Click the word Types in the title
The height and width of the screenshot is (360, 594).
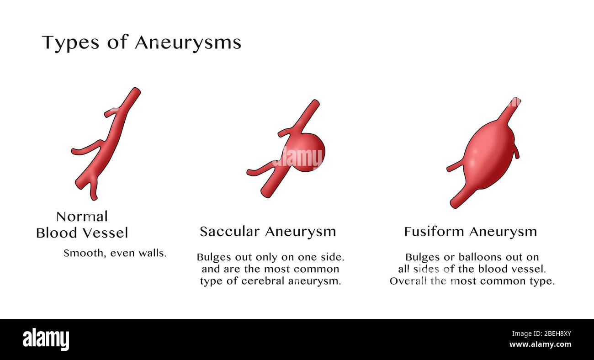[70, 42]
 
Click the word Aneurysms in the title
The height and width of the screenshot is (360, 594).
[188, 42]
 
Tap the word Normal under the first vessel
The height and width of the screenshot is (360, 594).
[82, 217]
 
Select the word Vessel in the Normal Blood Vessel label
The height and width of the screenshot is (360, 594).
[106, 233]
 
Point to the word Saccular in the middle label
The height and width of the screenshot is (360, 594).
[230, 232]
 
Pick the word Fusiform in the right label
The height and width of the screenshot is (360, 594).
[434, 232]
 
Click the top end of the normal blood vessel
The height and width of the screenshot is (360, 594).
[136, 90]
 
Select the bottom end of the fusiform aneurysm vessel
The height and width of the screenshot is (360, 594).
[454, 204]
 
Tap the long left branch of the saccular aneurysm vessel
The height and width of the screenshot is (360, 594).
[261, 169]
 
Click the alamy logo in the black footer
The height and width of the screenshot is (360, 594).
[46, 339]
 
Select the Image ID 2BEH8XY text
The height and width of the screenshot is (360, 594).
[541, 334]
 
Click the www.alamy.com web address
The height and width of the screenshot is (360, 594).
[541, 344]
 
